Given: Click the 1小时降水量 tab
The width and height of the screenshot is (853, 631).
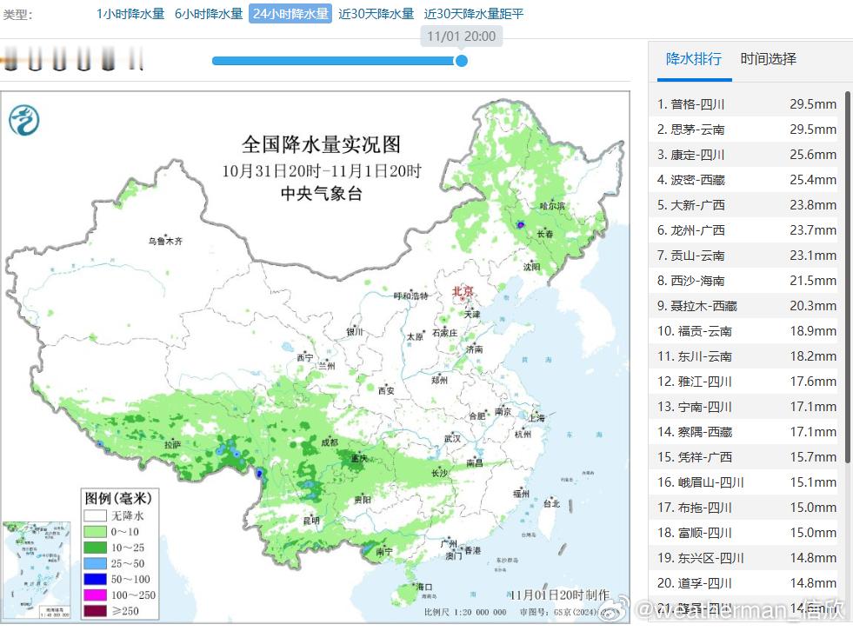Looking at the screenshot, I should (x=130, y=14).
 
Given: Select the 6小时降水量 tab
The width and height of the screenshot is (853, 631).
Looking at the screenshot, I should (x=209, y=14).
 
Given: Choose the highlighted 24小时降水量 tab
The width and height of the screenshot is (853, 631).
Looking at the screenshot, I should (x=290, y=14).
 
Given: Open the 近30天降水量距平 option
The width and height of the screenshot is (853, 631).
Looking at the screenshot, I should (x=474, y=14).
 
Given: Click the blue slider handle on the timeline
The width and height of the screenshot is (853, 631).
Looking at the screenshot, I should (x=462, y=61).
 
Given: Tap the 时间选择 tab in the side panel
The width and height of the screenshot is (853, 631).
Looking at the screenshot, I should (x=768, y=59).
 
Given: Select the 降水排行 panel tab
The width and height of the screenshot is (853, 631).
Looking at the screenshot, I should (x=693, y=59).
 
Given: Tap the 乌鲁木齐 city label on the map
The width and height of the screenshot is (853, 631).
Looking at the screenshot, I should (x=164, y=241).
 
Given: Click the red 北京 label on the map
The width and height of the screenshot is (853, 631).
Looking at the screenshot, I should (x=463, y=292).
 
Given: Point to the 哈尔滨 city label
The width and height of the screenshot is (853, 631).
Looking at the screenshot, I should (x=551, y=206).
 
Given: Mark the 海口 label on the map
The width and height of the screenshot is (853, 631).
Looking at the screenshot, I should (x=424, y=588).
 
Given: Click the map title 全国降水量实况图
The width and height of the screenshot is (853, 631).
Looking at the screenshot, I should (x=321, y=143).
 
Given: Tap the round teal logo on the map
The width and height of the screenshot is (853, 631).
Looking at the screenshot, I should (x=24, y=119).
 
